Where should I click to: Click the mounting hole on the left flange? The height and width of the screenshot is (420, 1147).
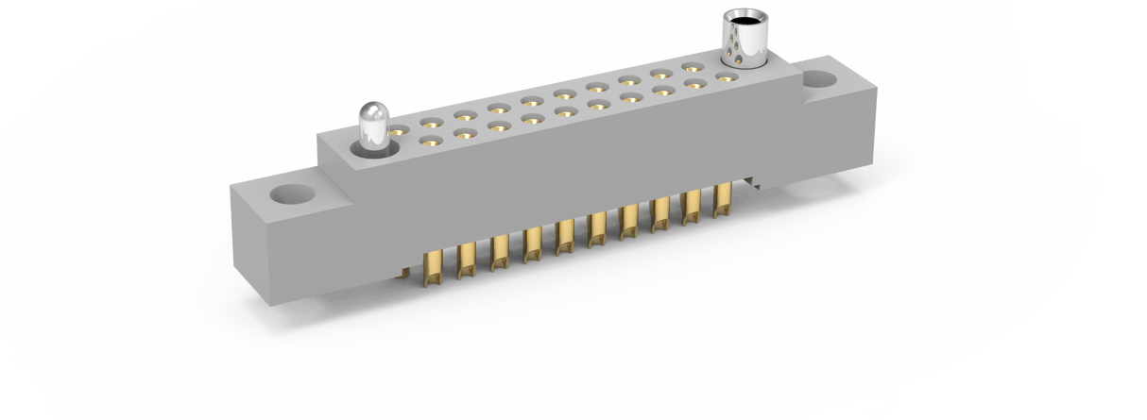click(x=290, y=195)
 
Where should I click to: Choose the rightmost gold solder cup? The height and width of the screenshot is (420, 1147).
click(x=724, y=201)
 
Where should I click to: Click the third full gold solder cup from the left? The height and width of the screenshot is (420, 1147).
click(x=500, y=249)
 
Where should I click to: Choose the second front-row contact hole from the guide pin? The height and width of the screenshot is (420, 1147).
click(x=464, y=134)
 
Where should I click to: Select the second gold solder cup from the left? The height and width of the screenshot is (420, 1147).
click(x=467, y=257)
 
